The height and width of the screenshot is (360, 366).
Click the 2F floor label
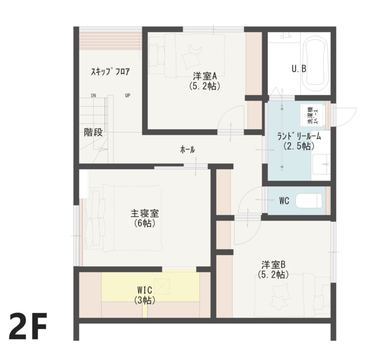28,327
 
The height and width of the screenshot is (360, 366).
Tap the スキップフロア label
110,72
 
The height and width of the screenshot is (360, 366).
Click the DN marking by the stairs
93,95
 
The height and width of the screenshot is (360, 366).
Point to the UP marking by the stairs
128,95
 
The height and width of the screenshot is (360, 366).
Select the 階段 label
93,133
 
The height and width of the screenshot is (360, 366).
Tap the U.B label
299,69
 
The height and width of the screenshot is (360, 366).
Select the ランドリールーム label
299,136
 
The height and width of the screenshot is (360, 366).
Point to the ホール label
187,150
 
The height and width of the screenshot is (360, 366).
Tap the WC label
284,201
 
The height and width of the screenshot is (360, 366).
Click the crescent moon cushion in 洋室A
194,50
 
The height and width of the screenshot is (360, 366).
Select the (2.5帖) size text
299,146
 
